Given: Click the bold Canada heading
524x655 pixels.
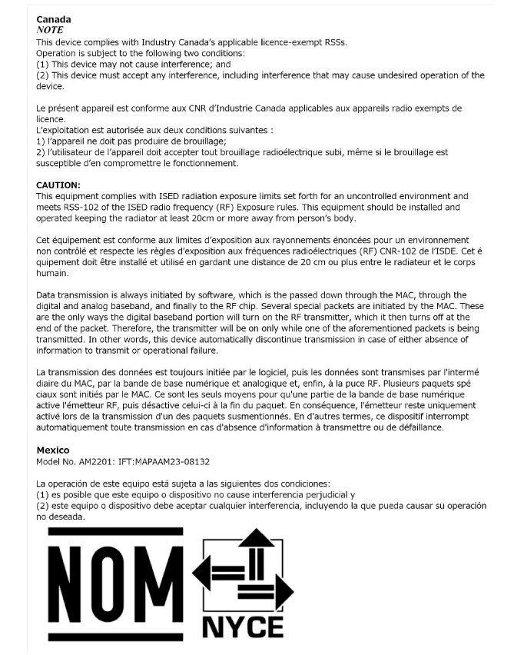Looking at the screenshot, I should (x=53, y=18).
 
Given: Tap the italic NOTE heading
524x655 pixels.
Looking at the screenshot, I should (x=50, y=30).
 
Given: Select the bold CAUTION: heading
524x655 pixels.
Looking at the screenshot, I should (x=58, y=185).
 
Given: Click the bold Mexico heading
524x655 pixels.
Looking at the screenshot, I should (x=53, y=450).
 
